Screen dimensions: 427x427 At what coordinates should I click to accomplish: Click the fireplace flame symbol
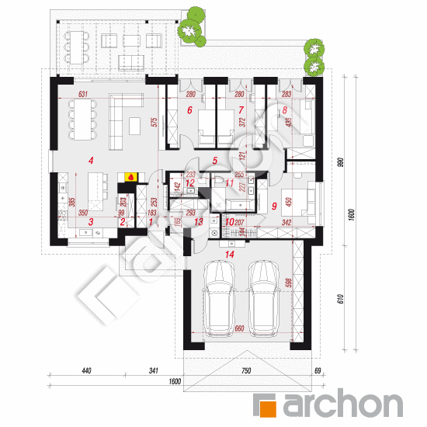tap(131, 176)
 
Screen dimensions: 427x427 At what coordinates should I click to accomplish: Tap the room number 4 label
tap(92, 161)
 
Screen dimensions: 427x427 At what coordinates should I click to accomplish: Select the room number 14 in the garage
tap(227, 253)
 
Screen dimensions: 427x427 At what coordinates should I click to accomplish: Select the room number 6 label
tap(189, 110)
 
